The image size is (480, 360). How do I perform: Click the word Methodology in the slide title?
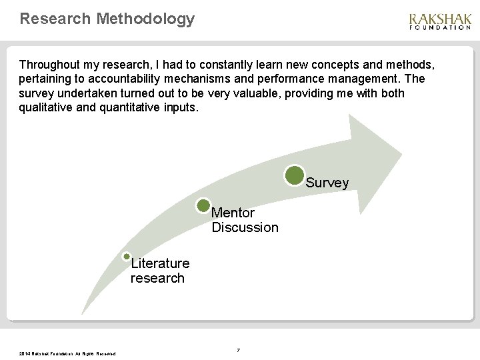click(145, 18)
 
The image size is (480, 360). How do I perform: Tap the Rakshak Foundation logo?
click(439, 21)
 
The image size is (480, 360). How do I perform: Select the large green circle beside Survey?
click(295, 175)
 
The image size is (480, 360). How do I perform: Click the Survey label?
click(327, 183)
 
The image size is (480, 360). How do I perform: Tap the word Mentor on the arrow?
click(233, 213)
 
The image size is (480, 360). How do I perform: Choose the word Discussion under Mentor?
click(245, 228)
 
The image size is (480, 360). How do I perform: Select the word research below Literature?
click(157, 278)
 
